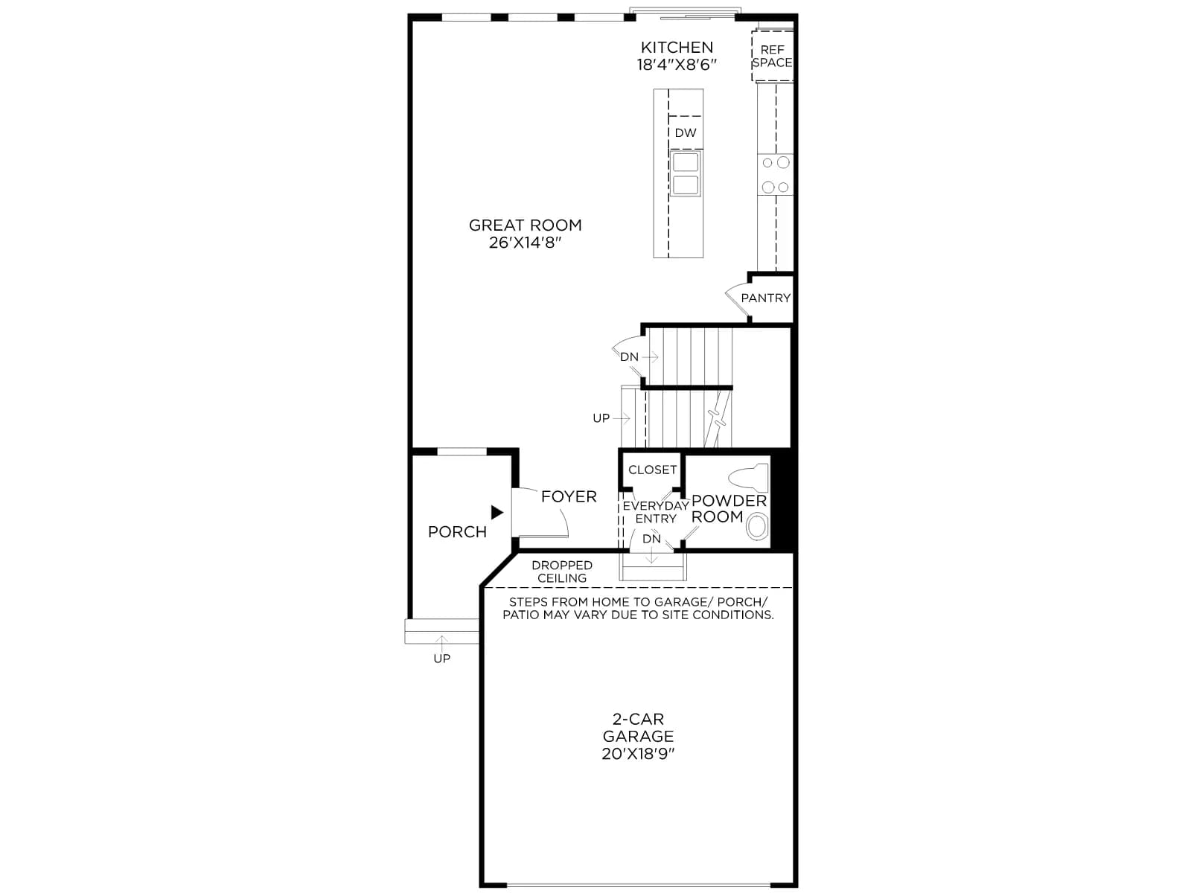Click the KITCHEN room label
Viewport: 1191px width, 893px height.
click(x=676, y=47)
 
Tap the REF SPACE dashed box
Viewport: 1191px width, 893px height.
click(x=772, y=57)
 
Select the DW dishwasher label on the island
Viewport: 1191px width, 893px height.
click(x=685, y=133)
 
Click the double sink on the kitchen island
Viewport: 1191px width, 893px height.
click(x=686, y=173)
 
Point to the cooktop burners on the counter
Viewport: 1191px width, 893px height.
click(x=775, y=175)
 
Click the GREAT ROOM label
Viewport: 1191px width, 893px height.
click(x=525, y=225)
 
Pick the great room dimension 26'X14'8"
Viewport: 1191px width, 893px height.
click(x=524, y=243)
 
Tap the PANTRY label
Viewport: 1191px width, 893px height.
click(x=765, y=298)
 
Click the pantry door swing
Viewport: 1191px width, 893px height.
click(x=737, y=298)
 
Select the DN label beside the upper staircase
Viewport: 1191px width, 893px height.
click(x=629, y=356)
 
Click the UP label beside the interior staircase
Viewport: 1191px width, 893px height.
click(x=601, y=418)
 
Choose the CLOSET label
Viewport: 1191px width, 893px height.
click(x=651, y=470)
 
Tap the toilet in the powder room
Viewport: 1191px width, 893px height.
click(x=749, y=478)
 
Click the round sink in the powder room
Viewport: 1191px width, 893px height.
click(x=758, y=527)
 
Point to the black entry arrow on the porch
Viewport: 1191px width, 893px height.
click(x=497, y=513)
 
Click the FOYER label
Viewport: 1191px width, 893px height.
click(x=569, y=496)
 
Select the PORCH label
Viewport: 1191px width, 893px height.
click(x=457, y=532)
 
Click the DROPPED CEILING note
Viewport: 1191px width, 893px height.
click(x=561, y=572)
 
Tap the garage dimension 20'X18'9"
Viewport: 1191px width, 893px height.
click(x=637, y=754)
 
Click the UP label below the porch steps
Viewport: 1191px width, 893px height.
click(x=441, y=659)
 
